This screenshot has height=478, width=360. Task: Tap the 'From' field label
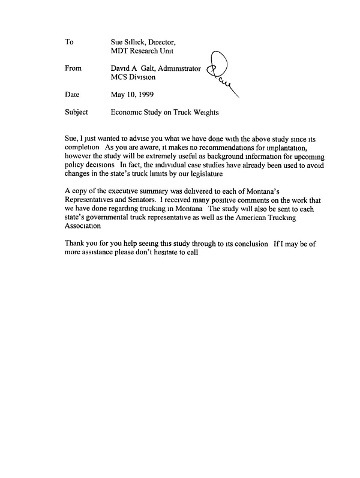tap(72, 69)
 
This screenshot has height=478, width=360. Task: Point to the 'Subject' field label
tap(76, 112)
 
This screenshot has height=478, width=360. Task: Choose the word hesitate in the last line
tap(165, 252)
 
